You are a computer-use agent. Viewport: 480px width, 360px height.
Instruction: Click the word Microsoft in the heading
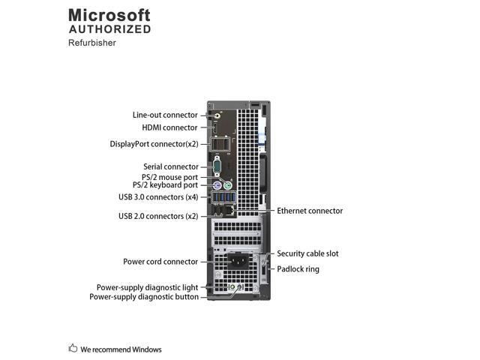point(109,15)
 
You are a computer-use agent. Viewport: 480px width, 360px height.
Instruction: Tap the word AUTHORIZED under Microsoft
point(109,29)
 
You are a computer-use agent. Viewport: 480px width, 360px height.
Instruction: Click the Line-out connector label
point(165,115)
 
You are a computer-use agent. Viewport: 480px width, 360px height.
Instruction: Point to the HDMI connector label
point(170,127)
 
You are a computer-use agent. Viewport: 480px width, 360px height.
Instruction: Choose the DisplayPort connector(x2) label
point(154,143)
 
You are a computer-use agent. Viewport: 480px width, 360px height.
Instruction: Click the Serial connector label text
point(171,166)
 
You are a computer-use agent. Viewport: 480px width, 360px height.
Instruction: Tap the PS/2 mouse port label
point(170,177)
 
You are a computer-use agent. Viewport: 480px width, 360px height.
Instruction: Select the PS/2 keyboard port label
point(166,185)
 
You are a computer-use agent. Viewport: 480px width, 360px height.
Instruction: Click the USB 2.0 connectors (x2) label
point(158,216)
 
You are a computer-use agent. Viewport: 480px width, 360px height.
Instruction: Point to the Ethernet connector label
point(310,211)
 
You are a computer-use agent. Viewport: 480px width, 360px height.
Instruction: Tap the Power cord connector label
point(160,262)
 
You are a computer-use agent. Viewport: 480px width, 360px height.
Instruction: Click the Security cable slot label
point(307,253)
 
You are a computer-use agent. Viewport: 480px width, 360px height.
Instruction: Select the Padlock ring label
point(298,268)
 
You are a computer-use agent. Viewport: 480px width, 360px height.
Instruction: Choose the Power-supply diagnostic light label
point(147,287)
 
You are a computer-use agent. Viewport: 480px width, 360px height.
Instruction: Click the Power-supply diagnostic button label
point(144,296)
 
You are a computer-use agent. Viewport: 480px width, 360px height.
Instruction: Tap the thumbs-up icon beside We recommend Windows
point(73,348)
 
